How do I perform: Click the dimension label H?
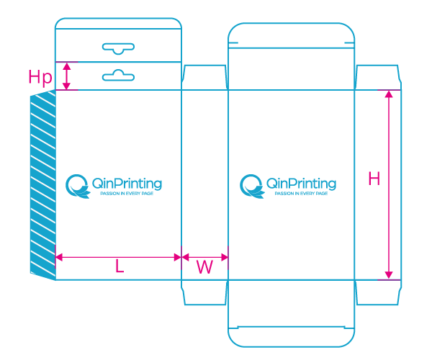coord(374,179)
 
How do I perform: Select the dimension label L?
coord(120,266)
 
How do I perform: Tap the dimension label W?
coord(204,267)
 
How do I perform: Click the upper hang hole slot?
coord(119,48)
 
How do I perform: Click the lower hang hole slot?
coord(119,75)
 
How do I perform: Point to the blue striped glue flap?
coord(42,184)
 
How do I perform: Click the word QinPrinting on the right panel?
coord(301,183)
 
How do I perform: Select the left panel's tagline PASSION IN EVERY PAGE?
coord(127,194)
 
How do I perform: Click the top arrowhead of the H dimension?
coord(389,95)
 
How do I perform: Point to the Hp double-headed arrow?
coord(67,76)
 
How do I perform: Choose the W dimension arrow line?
coord(204,256)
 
